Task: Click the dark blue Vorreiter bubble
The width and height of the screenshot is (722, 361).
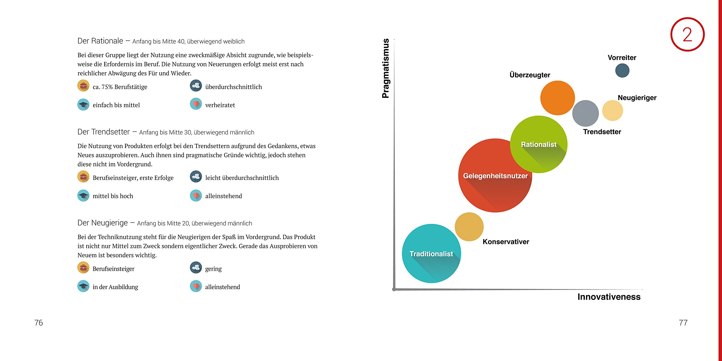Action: coord(622,71)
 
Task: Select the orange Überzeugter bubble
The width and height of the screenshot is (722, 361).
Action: coord(558,98)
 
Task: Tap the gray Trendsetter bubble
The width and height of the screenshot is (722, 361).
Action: coord(585,113)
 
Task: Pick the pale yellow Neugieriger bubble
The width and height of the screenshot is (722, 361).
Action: coord(613,111)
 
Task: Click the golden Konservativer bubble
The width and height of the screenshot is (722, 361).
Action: coord(469,227)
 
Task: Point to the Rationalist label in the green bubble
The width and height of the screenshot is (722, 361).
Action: coord(539,144)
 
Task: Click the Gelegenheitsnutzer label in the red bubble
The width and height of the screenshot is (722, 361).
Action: coord(495,176)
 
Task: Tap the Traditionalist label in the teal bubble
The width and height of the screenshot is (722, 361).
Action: coord(431,254)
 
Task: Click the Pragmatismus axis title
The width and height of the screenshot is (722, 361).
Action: coord(386,69)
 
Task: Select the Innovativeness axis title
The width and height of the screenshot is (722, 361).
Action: coord(609,297)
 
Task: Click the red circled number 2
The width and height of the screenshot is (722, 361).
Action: coord(687,34)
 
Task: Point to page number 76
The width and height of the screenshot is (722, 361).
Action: coord(39,323)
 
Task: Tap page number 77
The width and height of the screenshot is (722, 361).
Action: coord(683,323)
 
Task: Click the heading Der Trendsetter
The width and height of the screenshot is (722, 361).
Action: coord(104,132)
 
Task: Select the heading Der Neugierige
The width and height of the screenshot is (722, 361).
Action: coord(103,223)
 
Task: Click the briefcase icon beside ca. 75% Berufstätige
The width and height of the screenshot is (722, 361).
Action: coord(83,86)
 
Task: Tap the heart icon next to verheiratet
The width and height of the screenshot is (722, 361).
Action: coord(196,104)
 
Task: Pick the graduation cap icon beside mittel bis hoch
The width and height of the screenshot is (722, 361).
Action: coord(83,195)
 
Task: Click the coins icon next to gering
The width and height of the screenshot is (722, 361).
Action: coord(196,268)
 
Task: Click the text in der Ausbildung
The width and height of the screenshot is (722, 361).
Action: coord(115,287)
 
